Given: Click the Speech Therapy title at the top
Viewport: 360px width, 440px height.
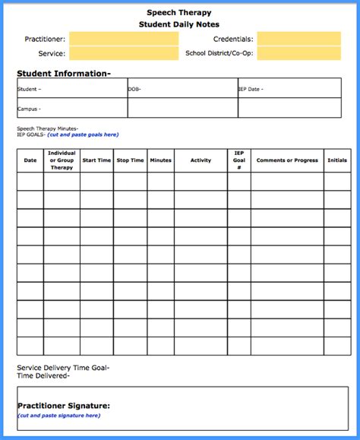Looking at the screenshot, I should click(x=179, y=12).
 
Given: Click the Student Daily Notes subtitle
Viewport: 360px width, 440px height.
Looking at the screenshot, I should click(x=179, y=25).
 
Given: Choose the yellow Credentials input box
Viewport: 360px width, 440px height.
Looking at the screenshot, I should click(x=288, y=39).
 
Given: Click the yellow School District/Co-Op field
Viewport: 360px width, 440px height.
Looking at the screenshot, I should click(x=288, y=54).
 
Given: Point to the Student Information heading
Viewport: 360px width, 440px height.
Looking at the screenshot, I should click(x=64, y=74).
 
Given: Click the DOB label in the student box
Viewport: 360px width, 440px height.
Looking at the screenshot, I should click(x=134, y=89).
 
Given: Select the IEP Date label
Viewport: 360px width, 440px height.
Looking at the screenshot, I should click(x=251, y=89).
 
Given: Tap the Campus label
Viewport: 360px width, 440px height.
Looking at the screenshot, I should click(x=30, y=109).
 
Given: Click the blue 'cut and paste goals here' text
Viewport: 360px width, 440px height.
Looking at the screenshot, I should click(x=83, y=135).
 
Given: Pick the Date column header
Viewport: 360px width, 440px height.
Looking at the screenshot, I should click(x=30, y=160).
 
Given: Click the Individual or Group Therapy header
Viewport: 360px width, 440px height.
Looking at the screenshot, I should click(x=62, y=160).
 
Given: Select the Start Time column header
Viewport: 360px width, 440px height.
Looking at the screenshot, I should click(x=96, y=160).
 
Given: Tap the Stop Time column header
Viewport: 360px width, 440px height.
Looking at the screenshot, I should click(x=131, y=160).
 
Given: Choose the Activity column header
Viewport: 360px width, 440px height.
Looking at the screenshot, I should click(x=201, y=160).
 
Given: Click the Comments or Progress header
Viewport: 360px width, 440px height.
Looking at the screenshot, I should click(x=287, y=160).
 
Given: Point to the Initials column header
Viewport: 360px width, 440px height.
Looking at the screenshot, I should click(x=337, y=160).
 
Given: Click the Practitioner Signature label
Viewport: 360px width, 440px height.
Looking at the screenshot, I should click(x=65, y=406).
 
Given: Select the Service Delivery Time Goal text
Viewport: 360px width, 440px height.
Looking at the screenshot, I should click(x=63, y=368).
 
